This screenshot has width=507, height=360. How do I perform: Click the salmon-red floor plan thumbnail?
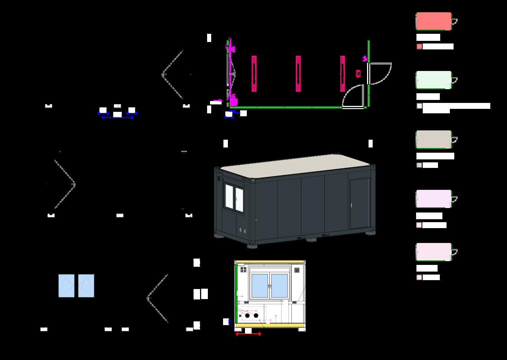[x=434, y=21]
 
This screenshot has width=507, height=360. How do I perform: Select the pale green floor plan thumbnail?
[x=434, y=80]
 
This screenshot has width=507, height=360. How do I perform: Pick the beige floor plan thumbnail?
[x=434, y=139]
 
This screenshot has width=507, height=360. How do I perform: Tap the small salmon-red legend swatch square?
[x=419, y=46]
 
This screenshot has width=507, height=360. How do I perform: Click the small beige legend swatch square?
[x=419, y=165]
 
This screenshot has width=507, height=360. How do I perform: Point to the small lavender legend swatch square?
[x=419, y=225]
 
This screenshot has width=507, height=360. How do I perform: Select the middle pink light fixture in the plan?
[x=298, y=74]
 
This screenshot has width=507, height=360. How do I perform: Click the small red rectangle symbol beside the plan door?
[x=358, y=74]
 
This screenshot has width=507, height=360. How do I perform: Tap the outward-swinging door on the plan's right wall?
[x=379, y=73]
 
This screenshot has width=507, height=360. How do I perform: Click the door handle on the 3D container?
[x=351, y=205]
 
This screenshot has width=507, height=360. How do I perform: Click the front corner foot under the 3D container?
[x=252, y=246]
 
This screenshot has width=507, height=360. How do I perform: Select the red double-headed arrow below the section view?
[x=248, y=334]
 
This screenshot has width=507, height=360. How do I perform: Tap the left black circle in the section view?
[x=247, y=315]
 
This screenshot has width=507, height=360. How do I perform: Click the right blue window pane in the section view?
[x=279, y=286]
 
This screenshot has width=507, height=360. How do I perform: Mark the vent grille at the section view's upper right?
[x=297, y=270]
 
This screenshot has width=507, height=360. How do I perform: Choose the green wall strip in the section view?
[x=236, y=293]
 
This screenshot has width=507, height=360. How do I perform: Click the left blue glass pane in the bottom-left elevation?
[x=66, y=286]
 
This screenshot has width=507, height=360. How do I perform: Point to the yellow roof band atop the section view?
[x=270, y=262]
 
